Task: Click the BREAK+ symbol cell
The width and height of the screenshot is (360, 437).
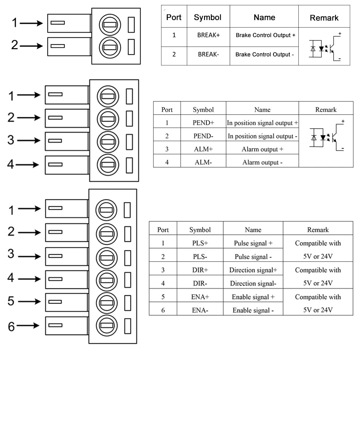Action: (x=208, y=35)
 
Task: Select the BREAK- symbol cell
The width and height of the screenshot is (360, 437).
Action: (x=208, y=54)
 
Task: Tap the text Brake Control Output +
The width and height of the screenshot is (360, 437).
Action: (x=265, y=35)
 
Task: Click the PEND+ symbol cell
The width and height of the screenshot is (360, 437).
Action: (x=203, y=123)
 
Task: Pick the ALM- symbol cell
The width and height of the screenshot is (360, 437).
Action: (x=203, y=162)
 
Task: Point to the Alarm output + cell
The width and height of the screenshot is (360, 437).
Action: (x=262, y=149)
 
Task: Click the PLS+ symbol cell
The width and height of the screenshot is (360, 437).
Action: (x=200, y=243)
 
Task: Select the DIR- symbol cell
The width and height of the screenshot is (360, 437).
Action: (x=200, y=283)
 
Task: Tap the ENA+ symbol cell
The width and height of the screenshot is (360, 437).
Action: (x=200, y=297)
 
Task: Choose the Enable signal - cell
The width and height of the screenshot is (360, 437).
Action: (x=253, y=311)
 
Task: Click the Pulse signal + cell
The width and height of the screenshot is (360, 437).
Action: (x=253, y=243)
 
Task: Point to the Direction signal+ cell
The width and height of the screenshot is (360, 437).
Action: (x=253, y=270)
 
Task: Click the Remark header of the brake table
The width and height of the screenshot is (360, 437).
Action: (x=324, y=18)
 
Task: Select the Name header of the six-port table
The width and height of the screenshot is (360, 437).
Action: (x=253, y=230)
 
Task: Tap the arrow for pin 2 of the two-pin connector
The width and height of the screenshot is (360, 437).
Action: (x=32, y=46)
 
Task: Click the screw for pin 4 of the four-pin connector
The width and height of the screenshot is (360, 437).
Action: (x=108, y=165)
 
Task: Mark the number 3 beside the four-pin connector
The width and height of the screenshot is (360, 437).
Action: (x=11, y=141)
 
